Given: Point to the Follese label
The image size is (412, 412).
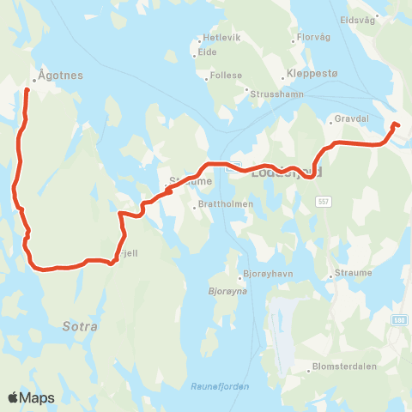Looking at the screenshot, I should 226,76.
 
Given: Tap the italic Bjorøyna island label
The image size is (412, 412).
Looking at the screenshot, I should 228,291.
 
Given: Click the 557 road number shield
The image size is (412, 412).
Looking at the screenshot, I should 323,202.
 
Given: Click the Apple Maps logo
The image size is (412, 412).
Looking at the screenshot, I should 31,397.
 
